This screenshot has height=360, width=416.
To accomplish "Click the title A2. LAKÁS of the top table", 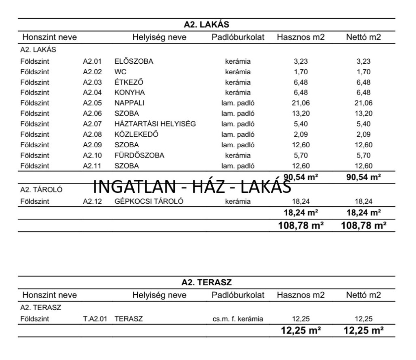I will click(206, 25).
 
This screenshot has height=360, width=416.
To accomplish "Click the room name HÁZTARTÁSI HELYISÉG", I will click(155, 124).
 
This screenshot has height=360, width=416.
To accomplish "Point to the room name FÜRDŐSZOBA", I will click(139, 155).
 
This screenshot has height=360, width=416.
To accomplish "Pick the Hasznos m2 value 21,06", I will click(301, 103).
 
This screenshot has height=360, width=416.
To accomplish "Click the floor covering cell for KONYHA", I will click(238, 93).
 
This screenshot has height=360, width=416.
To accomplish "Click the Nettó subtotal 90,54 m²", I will click(363, 177).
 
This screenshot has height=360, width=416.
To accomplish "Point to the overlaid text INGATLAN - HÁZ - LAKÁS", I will click(192, 187).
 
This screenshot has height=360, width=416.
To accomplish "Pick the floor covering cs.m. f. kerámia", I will click(238, 319).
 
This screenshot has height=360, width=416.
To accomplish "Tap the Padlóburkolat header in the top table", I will click(238, 38).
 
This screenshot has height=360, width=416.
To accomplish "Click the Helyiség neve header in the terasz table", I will click(159, 295).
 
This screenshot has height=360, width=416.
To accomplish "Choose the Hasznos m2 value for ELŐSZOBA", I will click(301, 62).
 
